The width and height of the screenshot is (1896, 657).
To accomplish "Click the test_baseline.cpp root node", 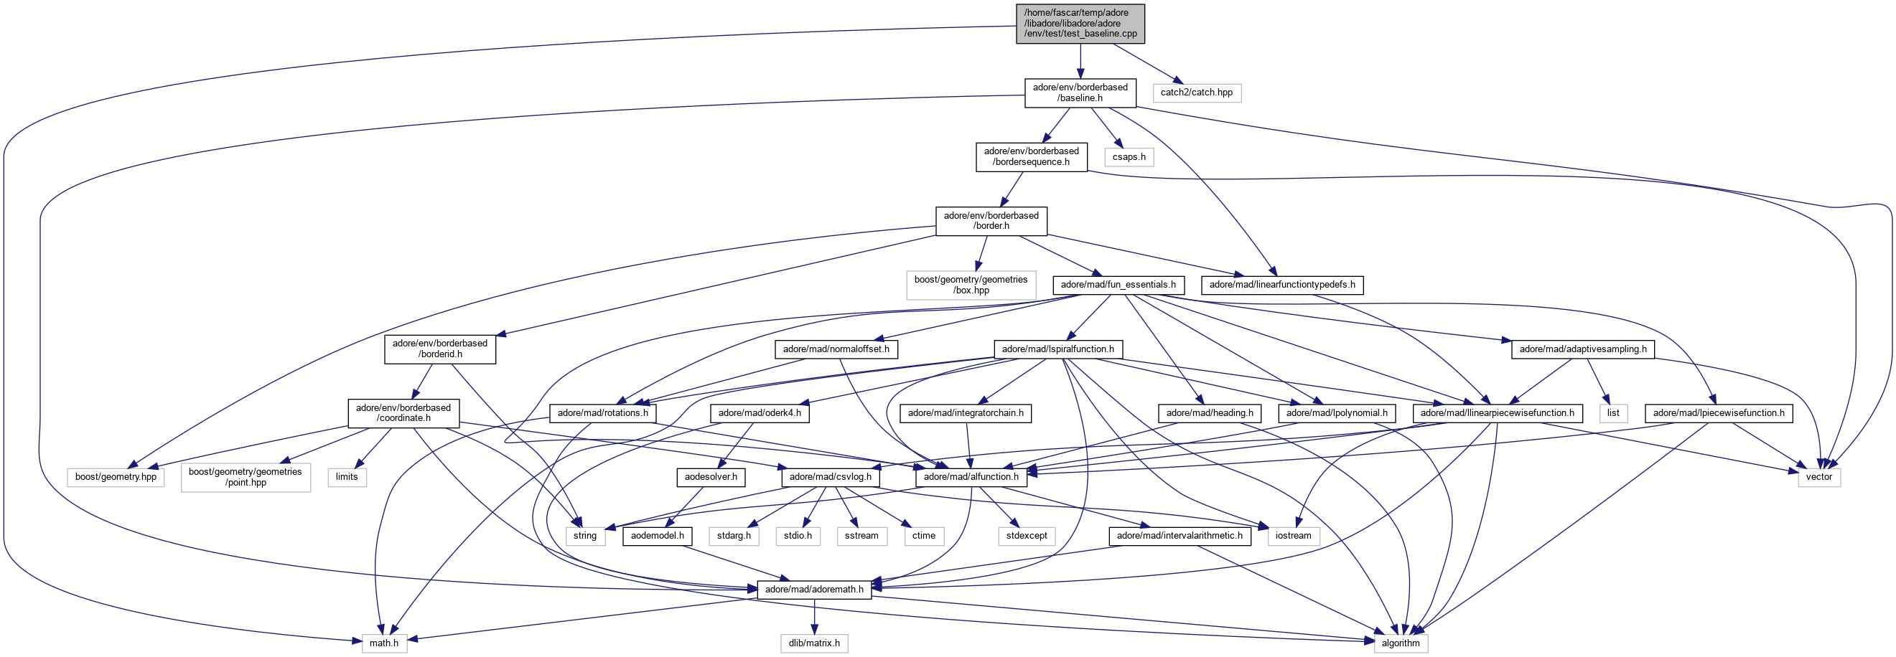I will click(1080, 23).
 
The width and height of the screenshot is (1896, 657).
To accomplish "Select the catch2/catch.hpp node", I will click(1196, 93).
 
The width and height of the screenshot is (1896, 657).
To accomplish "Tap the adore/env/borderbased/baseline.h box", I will click(1080, 93).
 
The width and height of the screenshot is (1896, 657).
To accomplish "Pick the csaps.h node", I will click(1129, 156).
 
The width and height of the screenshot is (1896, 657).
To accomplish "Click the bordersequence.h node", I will click(1031, 156).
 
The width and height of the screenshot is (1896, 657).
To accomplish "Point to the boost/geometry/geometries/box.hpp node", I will click(971, 285).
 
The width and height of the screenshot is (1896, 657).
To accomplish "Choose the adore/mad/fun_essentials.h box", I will click(1118, 285).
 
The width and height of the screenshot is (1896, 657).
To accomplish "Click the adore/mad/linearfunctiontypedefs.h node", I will click(1281, 285).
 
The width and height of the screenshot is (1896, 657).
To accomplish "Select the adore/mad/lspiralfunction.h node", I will click(1057, 349).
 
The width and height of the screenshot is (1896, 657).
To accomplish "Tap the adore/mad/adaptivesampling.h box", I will click(1582, 349).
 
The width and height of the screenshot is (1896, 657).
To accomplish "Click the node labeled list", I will click(1612, 412).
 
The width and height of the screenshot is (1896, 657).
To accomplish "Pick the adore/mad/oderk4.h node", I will click(760, 412).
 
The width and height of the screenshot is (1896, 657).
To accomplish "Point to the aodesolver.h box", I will click(710, 477).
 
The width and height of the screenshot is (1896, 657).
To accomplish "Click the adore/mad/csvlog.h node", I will click(830, 477).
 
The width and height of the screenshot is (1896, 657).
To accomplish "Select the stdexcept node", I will click(1026, 536).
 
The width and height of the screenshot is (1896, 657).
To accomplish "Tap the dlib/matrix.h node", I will click(814, 643).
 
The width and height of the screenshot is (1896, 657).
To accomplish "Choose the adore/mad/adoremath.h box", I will click(814, 590).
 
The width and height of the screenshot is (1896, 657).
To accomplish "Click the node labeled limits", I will click(347, 477).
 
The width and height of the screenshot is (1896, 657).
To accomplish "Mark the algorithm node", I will click(1400, 643).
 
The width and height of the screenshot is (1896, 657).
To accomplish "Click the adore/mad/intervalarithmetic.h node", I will click(1179, 536).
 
